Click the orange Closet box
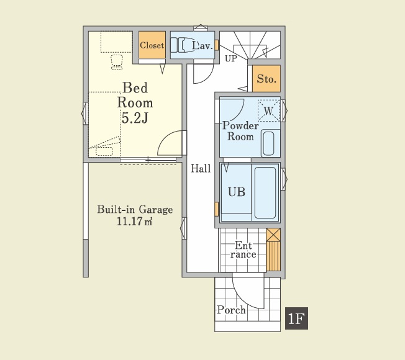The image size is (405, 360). click(x=152, y=46)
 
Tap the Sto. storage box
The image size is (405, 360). click(x=267, y=79)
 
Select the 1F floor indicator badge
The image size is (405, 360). click(x=296, y=319)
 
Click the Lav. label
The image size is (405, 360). click(x=202, y=46)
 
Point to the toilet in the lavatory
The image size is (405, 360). click(x=183, y=46)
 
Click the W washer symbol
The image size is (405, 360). click(x=268, y=110)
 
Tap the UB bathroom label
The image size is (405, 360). click(x=236, y=192)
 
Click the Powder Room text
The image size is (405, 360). click(x=240, y=131)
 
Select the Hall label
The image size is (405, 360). click(x=201, y=168)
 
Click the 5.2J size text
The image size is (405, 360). click(x=134, y=118)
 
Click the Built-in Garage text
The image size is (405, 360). click(x=135, y=210)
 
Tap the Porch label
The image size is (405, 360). click(x=231, y=310)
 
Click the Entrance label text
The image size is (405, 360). click(x=243, y=250)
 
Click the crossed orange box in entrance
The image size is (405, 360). click(x=273, y=235)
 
